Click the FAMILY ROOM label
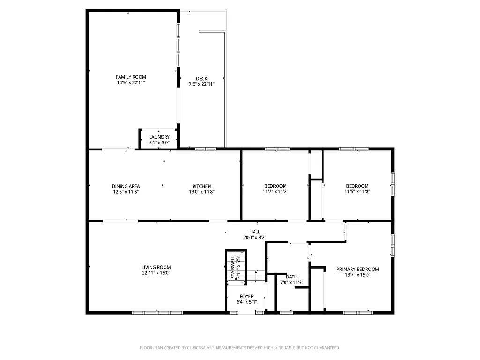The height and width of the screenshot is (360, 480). coord(131,77)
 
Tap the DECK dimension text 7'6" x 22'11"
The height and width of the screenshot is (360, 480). coord(202,84)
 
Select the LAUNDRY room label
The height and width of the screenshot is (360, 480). coord(159,137)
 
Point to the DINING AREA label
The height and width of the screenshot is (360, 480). coord(126,186)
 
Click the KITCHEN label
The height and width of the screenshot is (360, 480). coord(202,186)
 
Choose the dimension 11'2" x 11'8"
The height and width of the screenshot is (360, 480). coord(275,192)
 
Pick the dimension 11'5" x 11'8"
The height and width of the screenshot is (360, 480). coord(357,192)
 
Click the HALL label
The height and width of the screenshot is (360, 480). coord(255,232)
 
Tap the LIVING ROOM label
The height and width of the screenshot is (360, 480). coord(156,267)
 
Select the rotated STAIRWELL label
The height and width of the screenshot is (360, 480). coord(232,269)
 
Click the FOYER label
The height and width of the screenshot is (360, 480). coord(247,297)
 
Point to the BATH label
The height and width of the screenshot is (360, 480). coord(292,277)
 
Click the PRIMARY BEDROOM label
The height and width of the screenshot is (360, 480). coord(358,269)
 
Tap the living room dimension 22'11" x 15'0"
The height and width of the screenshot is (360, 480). coord(156,273)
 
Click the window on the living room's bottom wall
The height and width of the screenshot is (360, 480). coord(157,312)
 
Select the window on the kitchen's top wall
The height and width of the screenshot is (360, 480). coord(205,149)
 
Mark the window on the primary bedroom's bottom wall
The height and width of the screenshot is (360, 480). coord(358,312)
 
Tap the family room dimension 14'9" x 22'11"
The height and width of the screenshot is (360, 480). coord(131,82)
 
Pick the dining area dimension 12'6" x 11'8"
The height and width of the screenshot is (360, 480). coord(126,192)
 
